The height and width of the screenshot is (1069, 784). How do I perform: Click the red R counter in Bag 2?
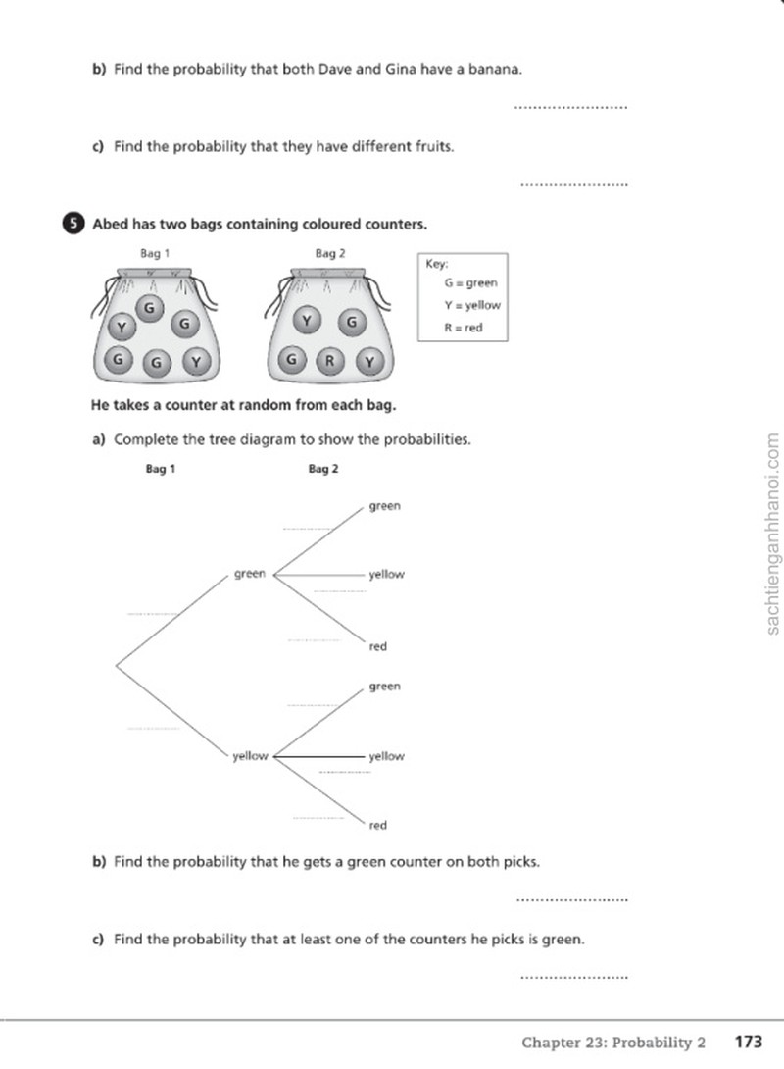[329, 361]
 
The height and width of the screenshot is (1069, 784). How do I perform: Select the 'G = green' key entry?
[471, 282]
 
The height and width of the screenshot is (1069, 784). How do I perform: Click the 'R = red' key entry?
[464, 328]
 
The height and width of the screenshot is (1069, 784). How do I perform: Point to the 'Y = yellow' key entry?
[472, 305]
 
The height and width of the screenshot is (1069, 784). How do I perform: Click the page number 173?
[748, 1042]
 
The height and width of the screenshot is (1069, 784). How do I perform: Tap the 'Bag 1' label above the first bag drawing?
[155, 254]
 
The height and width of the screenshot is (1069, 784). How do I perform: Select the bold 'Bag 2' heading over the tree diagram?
[322, 469]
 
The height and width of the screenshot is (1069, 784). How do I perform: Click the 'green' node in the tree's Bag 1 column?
[249, 574]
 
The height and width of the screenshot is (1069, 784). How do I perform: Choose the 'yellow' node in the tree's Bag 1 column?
[250, 756]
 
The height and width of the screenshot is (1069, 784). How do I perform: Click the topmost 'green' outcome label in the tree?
[385, 506]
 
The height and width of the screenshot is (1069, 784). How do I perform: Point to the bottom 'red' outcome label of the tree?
[378, 825]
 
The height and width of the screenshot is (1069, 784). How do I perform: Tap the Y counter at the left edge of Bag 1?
[122, 328]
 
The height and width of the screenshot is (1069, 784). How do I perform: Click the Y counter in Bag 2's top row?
[307, 320]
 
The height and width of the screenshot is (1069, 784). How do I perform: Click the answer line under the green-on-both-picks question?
[572, 900]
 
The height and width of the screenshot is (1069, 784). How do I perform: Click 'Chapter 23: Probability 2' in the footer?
[613, 1043]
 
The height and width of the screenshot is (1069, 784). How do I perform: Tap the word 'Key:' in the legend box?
[437, 264]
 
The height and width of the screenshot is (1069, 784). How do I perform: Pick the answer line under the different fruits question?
[573, 184]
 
